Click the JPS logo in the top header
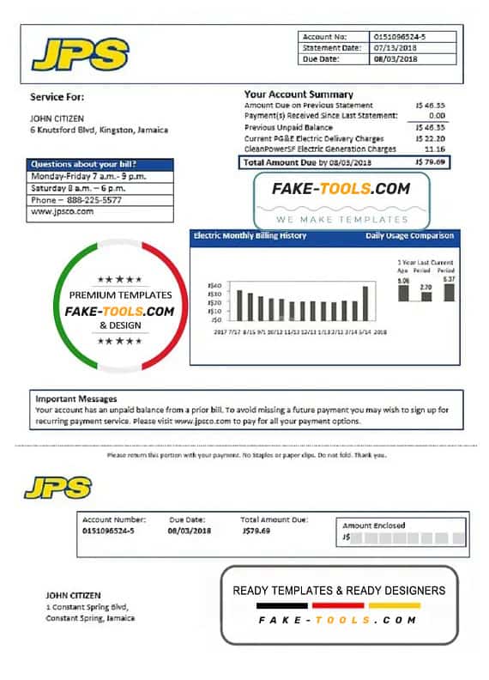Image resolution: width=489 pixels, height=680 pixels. pos(79,53)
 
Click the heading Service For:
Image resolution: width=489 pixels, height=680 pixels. pos(57,97)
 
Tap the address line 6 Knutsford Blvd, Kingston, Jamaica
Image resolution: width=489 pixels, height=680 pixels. pos(100,131)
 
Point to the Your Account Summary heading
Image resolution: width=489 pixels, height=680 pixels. pos(299,94)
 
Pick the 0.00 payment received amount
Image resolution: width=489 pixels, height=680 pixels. pos(436,115)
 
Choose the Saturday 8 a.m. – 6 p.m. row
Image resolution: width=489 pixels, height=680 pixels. pos(77,188)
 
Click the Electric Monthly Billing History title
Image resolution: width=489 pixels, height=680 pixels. pos(251,236)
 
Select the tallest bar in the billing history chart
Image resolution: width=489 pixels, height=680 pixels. pos(366,302)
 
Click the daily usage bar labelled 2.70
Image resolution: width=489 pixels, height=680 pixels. pos(426,296)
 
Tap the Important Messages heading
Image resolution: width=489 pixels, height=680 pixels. pos(77,399)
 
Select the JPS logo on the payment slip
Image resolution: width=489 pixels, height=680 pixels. pos(58,488)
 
